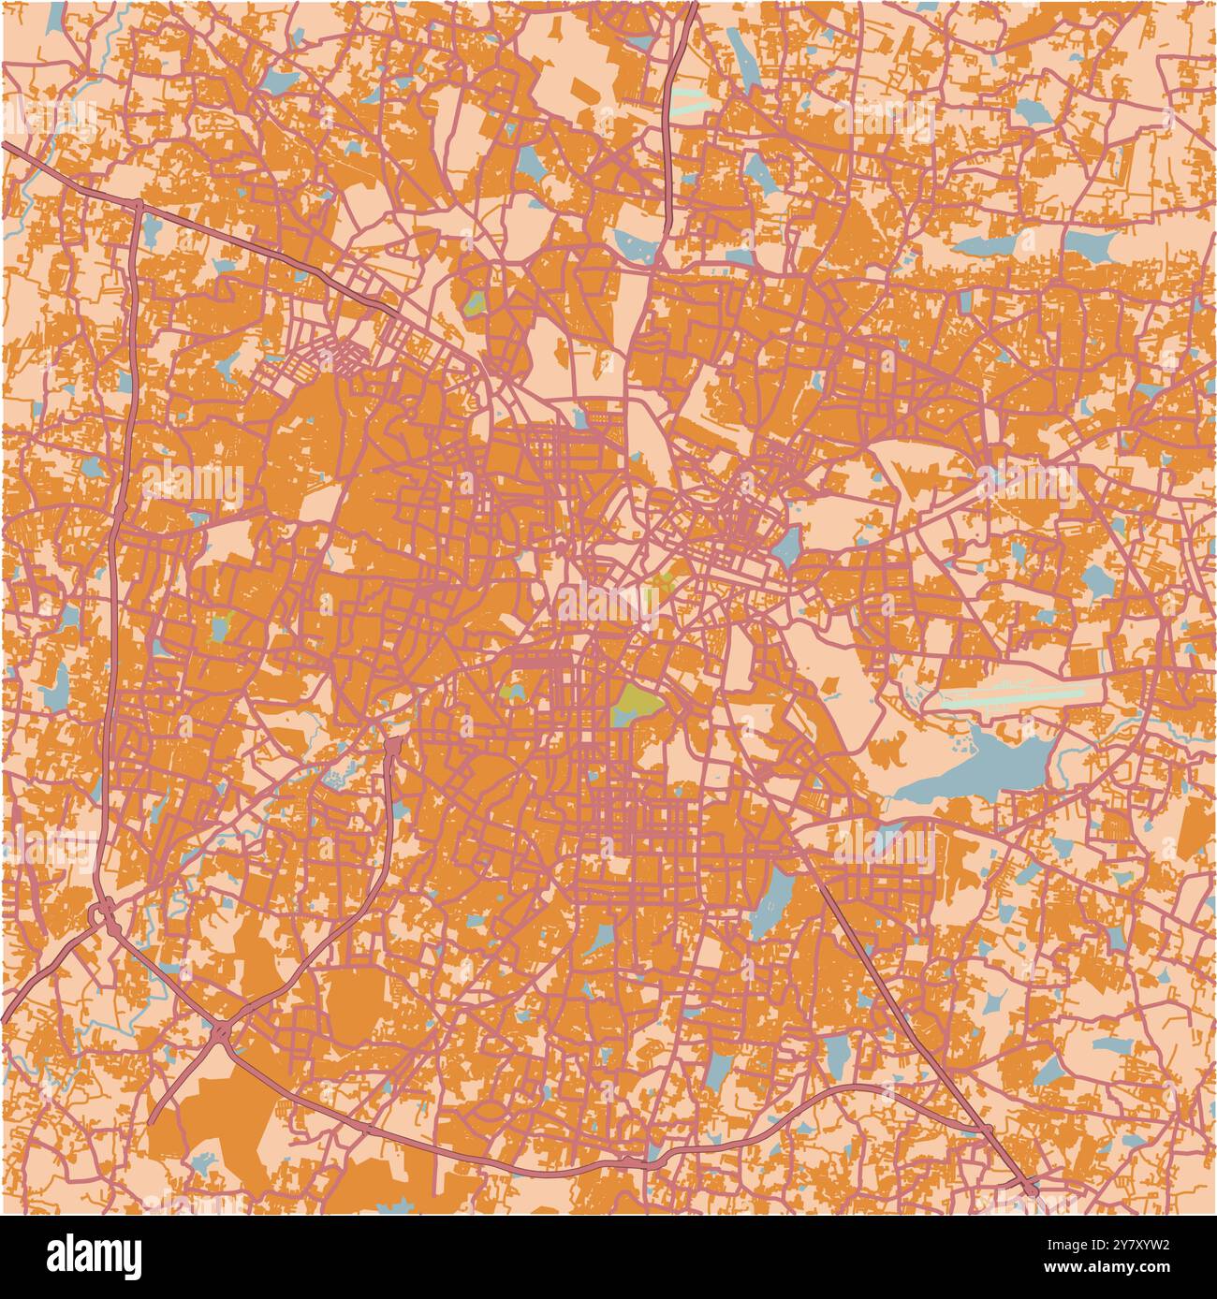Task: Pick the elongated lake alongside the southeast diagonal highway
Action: (x=775, y=898)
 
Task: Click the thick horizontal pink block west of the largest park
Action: (x=539, y=661)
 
